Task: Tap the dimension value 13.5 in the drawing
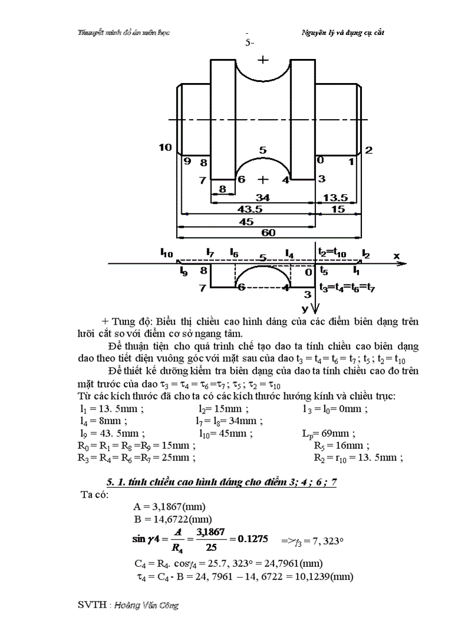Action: pos(336,198)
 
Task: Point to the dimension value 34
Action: pos(263,198)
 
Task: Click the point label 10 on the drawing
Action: pos(165,148)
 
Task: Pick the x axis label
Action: pos(396,257)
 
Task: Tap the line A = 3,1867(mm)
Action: pos(169,507)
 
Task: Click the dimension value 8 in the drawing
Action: pos(223,188)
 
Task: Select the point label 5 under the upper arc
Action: pos(263,150)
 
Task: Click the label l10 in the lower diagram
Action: pos(166,251)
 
